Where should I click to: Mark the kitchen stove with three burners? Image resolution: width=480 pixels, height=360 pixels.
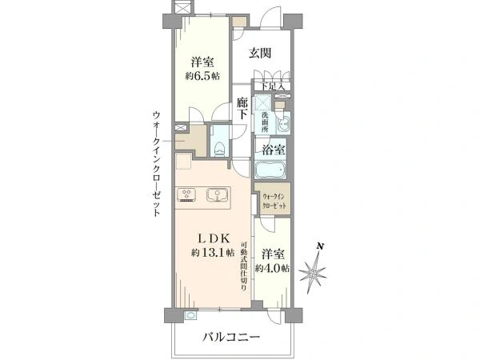[x=187, y=194]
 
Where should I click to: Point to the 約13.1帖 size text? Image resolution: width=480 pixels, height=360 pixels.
[x=213, y=252]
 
